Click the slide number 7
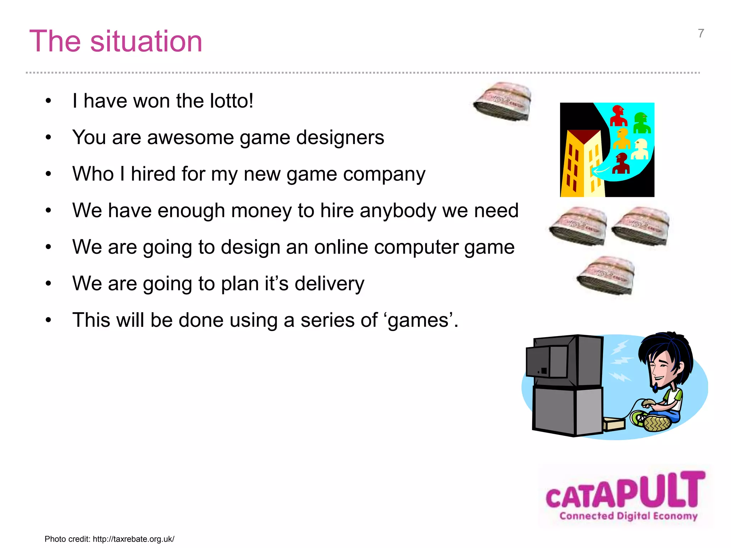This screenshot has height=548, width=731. [x=701, y=34]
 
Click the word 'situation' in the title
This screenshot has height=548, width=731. [x=146, y=41]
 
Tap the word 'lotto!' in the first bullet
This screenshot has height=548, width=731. [x=231, y=101]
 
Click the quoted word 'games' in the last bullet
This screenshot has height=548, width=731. [x=418, y=320]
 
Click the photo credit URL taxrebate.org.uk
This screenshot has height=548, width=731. [x=133, y=539]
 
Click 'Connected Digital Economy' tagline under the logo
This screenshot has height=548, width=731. [x=628, y=516]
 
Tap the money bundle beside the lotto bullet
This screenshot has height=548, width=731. [x=502, y=101]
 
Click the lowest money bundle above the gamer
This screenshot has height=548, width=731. [x=605, y=275]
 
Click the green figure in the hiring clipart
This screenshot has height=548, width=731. [x=642, y=123]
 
